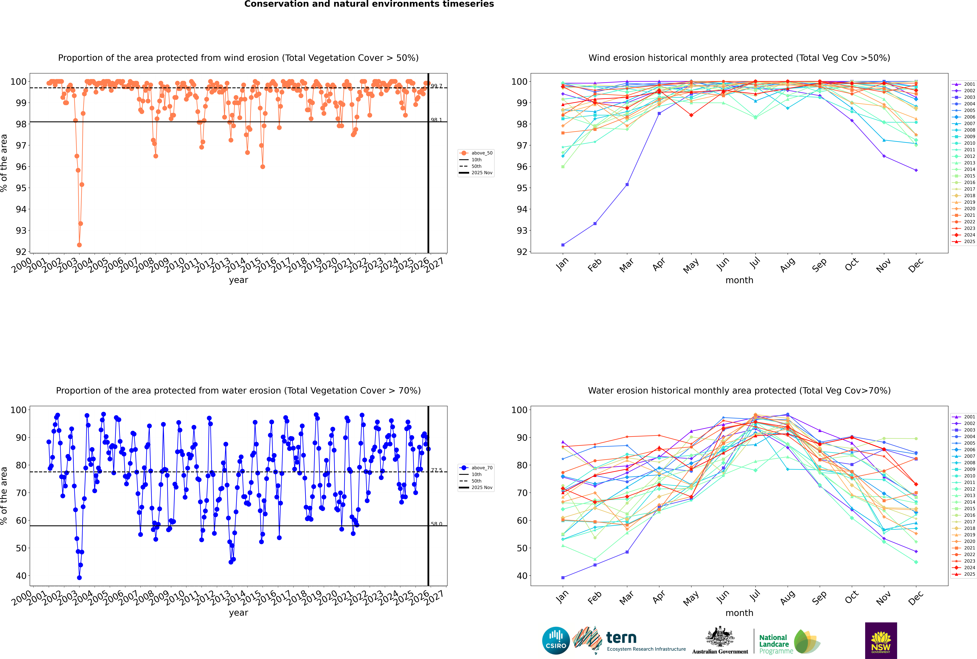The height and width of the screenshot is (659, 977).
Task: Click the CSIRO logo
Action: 556,641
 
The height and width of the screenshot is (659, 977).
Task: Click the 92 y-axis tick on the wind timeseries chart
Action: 21,252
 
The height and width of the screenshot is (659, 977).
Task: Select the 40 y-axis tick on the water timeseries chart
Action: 21,576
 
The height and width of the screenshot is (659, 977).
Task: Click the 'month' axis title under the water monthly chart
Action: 739,613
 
